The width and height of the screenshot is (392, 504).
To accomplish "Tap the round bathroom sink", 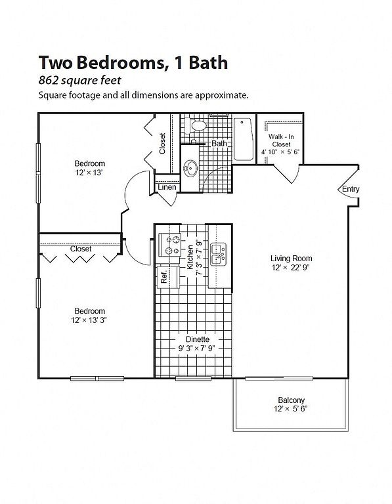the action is pyautogui.click(x=190, y=168).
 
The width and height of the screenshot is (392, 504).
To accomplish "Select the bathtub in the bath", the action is pyautogui.click(x=244, y=139).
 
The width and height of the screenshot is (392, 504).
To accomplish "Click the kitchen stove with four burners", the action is pyautogui.click(x=169, y=245).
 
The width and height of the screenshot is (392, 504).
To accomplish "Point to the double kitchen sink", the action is pyautogui.click(x=219, y=254).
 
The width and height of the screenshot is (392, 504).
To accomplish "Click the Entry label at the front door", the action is pyautogui.click(x=350, y=189).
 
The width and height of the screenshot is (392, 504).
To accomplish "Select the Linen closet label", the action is pyautogui.click(x=167, y=187).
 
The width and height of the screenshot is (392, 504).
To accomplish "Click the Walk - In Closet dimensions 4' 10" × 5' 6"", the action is pyautogui.click(x=280, y=152).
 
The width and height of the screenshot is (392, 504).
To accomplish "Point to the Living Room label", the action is pyautogui.click(x=291, y=258).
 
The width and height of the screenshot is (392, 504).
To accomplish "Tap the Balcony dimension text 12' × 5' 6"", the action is pyautogui.click(x=291, y=409).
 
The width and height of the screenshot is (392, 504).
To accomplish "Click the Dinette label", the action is pyautogui.click(x=198, y=339).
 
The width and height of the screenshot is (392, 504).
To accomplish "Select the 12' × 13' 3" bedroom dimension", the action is pyautogui.click(x=89, y=320).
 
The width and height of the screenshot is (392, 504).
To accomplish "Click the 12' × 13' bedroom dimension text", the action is pyautogui.click(x=89, y=173).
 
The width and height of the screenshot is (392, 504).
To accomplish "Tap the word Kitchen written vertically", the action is pyautogui.click(x=190, y=257).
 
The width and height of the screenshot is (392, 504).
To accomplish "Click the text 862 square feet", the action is pyautogui.click(x=79, y=80).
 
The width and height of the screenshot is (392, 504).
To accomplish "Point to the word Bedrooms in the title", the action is pyautogui.click(x=121, y=63).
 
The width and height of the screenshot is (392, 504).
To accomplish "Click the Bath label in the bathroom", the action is pyautogui.click(x=219, y=143).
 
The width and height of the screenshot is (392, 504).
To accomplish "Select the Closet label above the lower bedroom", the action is pyautogui.click(x=81, y=249).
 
